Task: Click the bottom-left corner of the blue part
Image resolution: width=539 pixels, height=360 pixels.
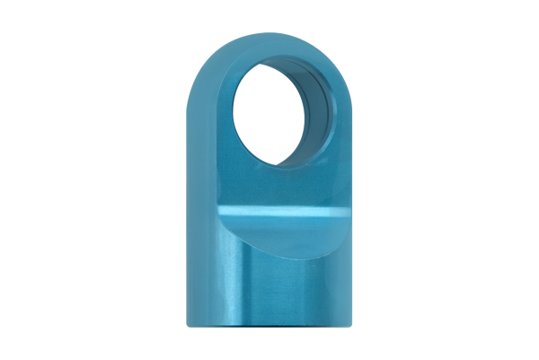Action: (x=188, y=324)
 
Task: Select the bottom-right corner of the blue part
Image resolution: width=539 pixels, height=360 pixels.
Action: (x=351, y=324)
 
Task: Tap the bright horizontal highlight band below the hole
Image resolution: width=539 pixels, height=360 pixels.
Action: (x=269, y=213)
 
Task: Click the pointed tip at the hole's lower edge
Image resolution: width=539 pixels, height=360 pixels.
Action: (x=276, y=167)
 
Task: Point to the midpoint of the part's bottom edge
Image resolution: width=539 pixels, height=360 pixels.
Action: (x=269, y=327)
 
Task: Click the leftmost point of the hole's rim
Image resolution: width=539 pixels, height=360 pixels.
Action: (x=234, y=111)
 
